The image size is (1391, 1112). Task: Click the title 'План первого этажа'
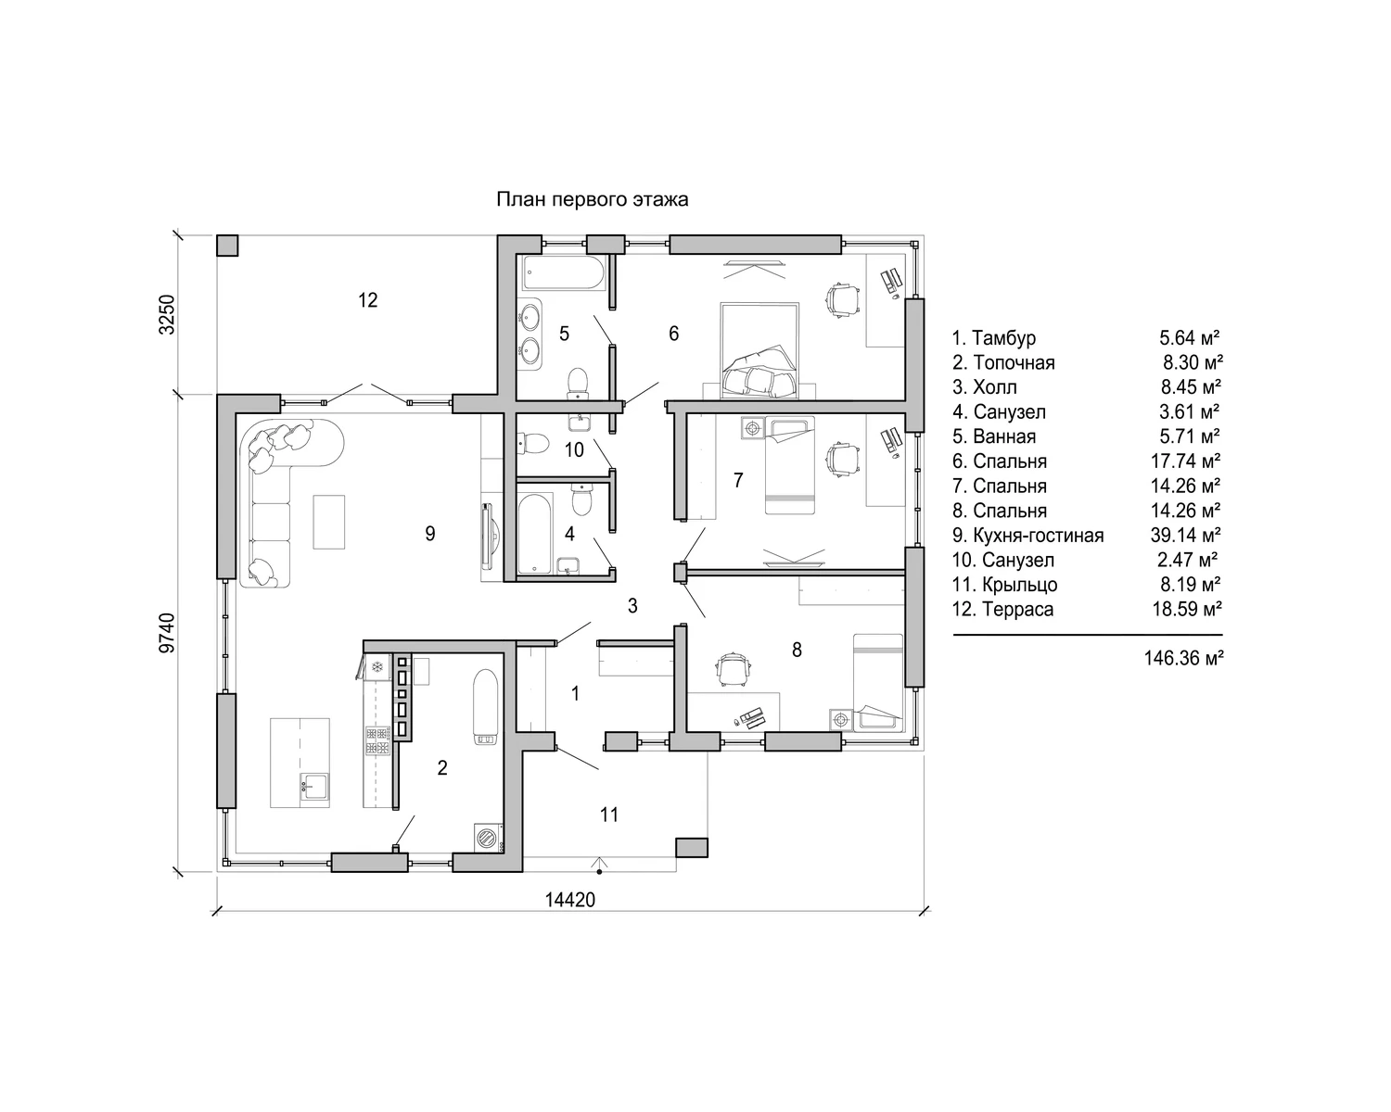point(592,199)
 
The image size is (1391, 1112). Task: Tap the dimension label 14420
point(569,900)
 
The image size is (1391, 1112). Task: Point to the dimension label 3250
point(167,315)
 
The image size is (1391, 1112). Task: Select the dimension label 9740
point(167,633)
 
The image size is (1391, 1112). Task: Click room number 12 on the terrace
point(368,300)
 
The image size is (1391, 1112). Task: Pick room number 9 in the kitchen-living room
point(430,534)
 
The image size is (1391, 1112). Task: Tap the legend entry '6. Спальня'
point(1000,461)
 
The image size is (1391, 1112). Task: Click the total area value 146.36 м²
point(1183,658)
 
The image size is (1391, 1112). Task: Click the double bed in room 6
point(759,351)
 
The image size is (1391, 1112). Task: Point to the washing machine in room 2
point(489,838)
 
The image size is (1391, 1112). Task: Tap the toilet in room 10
point(532,443)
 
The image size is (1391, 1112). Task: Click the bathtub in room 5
point(564,273)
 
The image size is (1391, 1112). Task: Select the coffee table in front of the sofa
point(329,522)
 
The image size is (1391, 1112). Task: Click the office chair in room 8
point(733,671)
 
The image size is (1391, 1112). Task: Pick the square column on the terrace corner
point(227,246)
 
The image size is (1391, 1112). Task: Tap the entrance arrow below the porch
point(599,865)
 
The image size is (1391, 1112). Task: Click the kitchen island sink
point(314,787)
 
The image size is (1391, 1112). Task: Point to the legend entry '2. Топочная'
point(1003,363)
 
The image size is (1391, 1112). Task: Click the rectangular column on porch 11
point(692,847)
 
